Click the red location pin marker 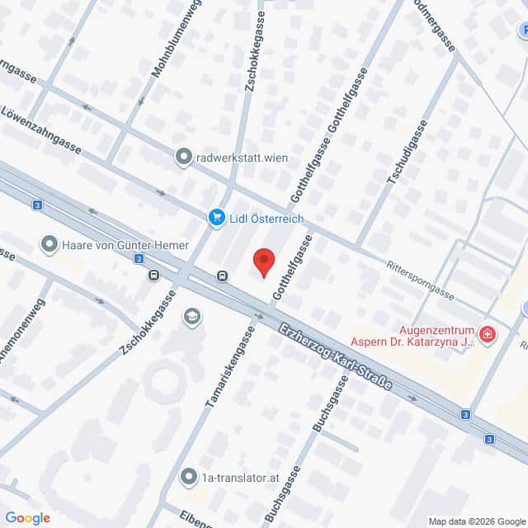pos(264,262)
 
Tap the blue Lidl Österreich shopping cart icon pos(216,217)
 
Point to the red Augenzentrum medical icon pos(488,334)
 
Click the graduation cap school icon pos(192,318)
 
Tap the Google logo pos(27,518)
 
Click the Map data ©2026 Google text pos(476,521)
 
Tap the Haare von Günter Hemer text pos(125,245)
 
